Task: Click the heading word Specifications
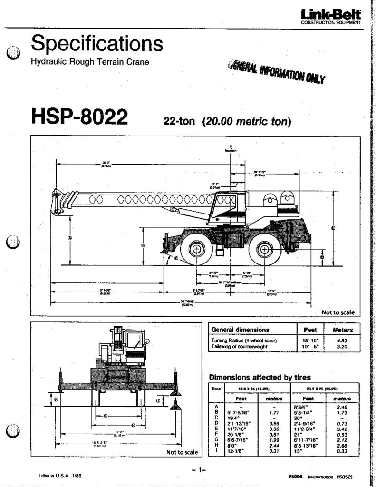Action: click(97, 45)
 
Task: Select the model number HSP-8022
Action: click(79, 116)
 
